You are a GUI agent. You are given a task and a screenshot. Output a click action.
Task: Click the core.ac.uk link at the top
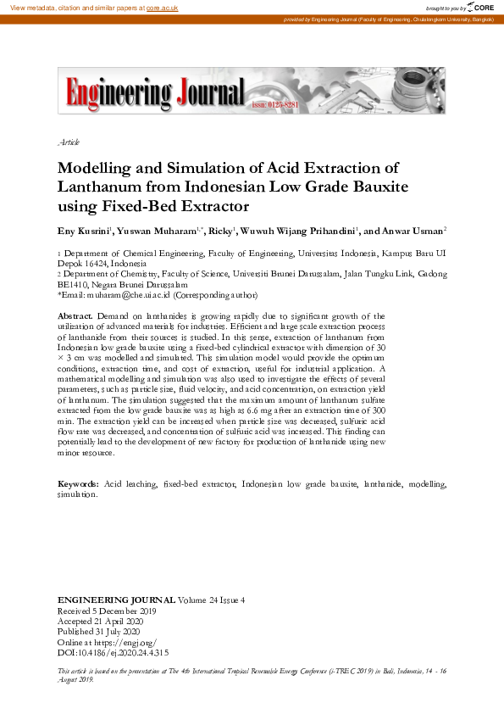pyautogui.click(x=161, y=7)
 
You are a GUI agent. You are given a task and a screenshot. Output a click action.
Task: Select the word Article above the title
pyautogui.click(x=69, y=142)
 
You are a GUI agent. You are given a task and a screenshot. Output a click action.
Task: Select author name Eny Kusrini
pyautogui.click(x=82, y=230)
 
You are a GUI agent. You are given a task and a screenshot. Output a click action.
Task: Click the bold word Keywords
pyautogui.click(x=78, y=483)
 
